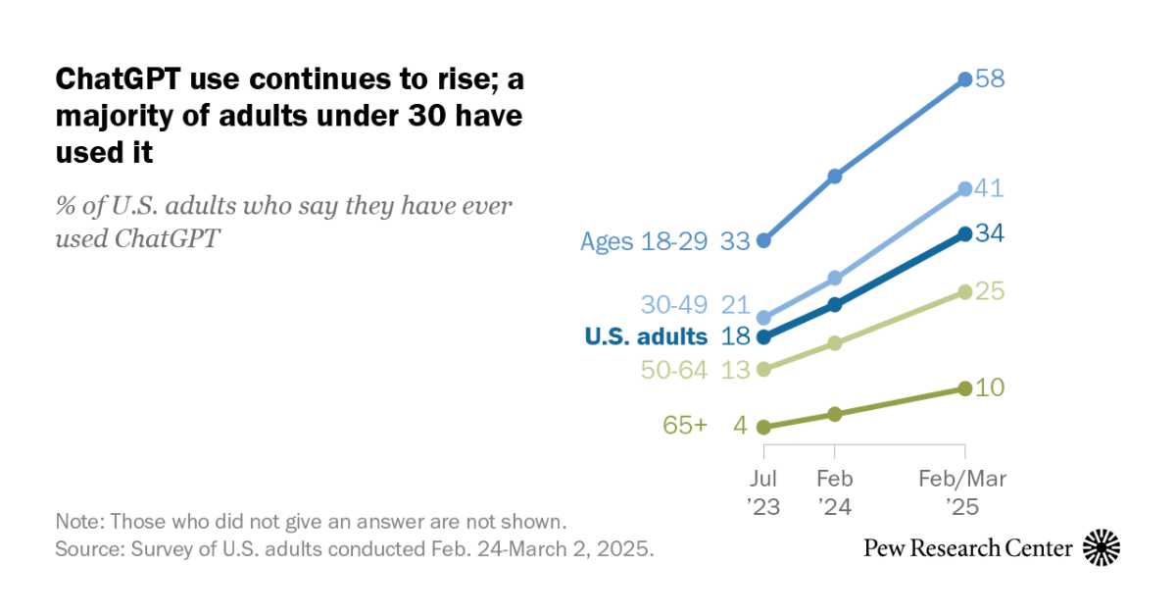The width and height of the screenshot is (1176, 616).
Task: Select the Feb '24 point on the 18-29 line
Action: (x=835, y=177)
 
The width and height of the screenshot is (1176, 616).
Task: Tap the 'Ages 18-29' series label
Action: (x=644, y=241)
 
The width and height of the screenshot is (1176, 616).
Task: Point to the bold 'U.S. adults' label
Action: (x=646, y=336)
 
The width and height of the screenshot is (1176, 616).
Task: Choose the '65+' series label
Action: (x=685, y=427)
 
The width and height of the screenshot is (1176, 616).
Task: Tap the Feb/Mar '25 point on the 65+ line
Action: (x=964, y=389)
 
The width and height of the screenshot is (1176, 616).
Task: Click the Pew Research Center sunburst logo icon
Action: (x=1102, y=547)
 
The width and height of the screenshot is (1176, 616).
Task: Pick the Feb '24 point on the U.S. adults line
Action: (x=835, y=304)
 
